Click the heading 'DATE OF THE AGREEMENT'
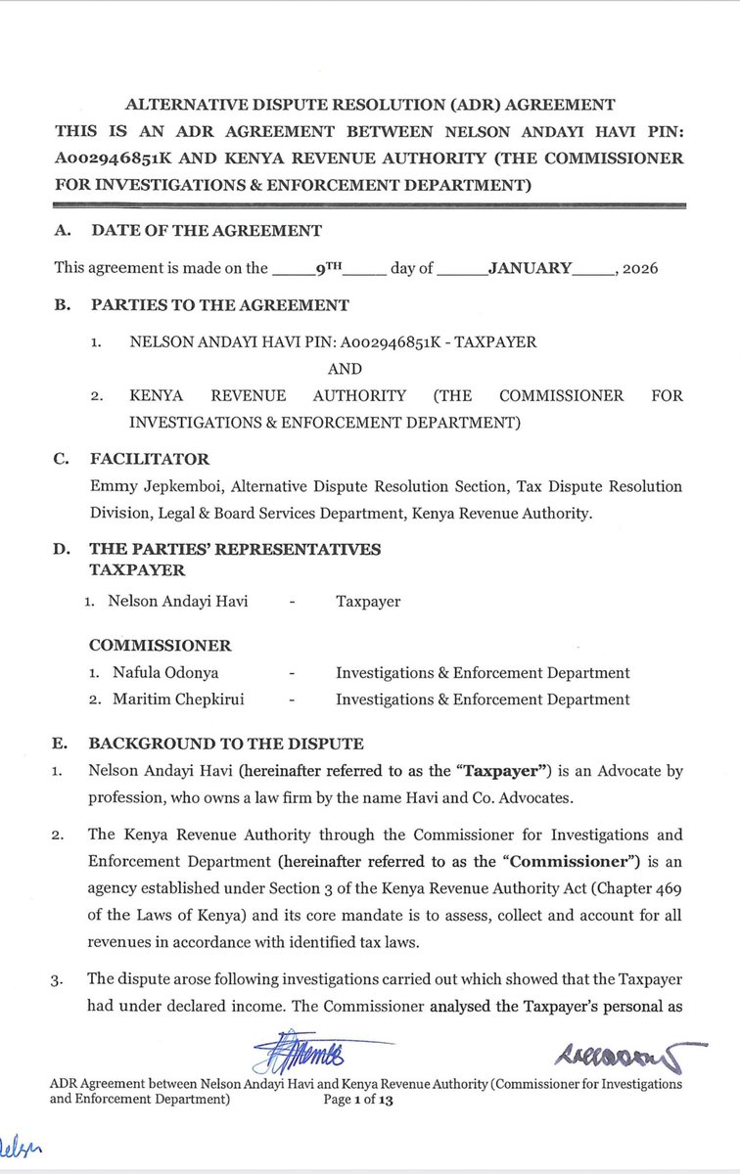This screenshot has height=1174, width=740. click(x=206, y=231)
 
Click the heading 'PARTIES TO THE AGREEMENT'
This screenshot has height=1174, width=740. click(x=219, y=305)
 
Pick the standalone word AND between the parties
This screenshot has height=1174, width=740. click(x=345, y=369)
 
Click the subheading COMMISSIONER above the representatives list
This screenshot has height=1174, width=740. click(x=160, y=646)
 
